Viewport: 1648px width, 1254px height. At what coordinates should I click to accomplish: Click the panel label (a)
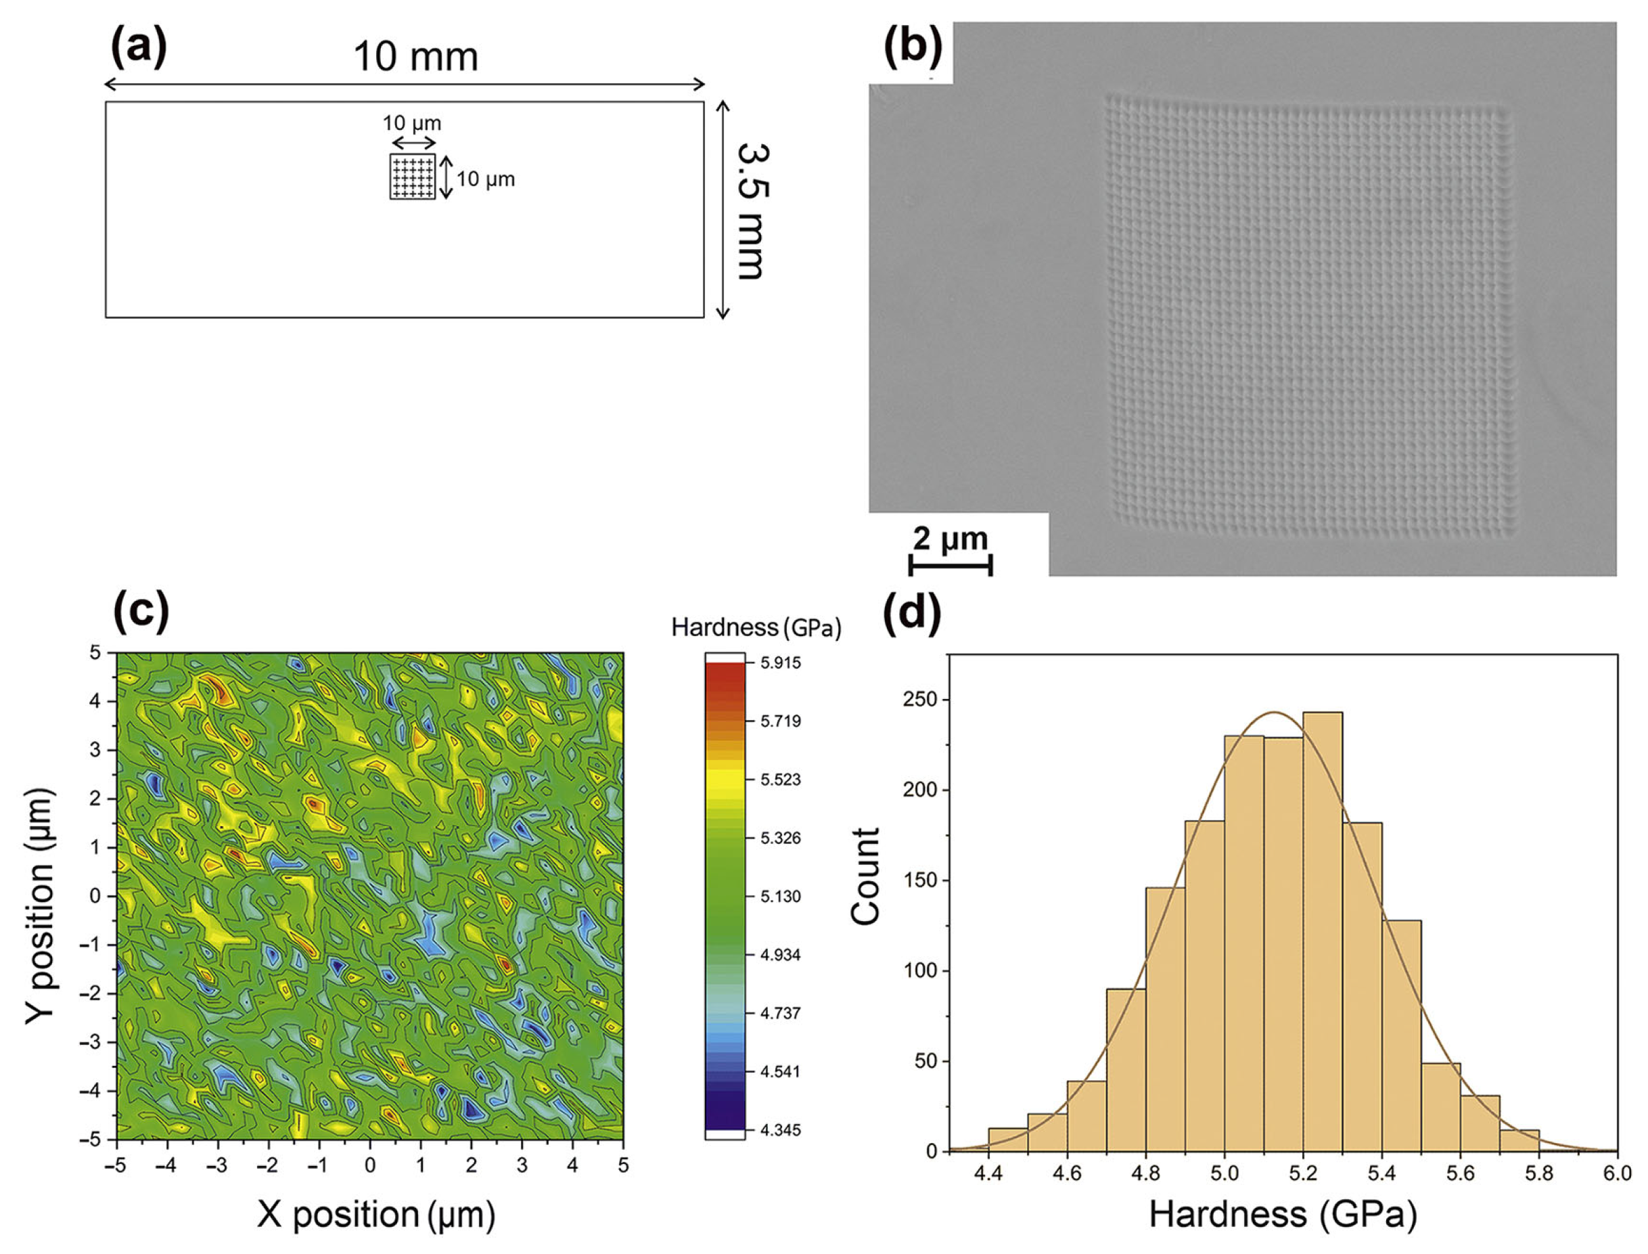point(139,47)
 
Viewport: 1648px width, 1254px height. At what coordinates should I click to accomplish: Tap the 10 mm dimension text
point(415,57)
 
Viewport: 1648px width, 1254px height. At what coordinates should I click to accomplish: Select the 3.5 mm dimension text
point(750,211)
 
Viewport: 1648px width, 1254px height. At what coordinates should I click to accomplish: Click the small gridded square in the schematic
point(412,176)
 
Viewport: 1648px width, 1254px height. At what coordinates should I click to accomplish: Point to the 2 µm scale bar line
point(950,565)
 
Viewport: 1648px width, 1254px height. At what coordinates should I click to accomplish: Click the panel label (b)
point(912,47)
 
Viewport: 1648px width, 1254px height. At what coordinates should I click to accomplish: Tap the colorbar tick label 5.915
point(779,663)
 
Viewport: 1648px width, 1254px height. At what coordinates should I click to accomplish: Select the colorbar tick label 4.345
point(779,1130)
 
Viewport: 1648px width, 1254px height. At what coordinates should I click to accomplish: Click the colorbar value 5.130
point(779,897)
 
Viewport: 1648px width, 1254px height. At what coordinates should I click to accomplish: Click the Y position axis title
point(41,905)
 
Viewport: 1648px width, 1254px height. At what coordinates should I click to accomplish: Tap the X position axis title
point(376,1215)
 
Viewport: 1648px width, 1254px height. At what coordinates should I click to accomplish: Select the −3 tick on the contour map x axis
point(217,1166)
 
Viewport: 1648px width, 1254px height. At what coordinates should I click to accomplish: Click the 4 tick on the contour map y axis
point(95,701)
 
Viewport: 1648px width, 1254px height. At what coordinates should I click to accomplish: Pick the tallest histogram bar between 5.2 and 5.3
point(1322,933)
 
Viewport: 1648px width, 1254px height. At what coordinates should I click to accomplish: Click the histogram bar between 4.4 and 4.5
point(1007,1140)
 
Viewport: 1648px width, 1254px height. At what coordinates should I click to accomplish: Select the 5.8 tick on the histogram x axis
point(1538,1173)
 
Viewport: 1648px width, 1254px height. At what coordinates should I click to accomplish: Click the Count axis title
point(865,876)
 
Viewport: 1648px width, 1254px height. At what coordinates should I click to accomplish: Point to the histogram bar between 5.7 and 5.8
point(1519,1140)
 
